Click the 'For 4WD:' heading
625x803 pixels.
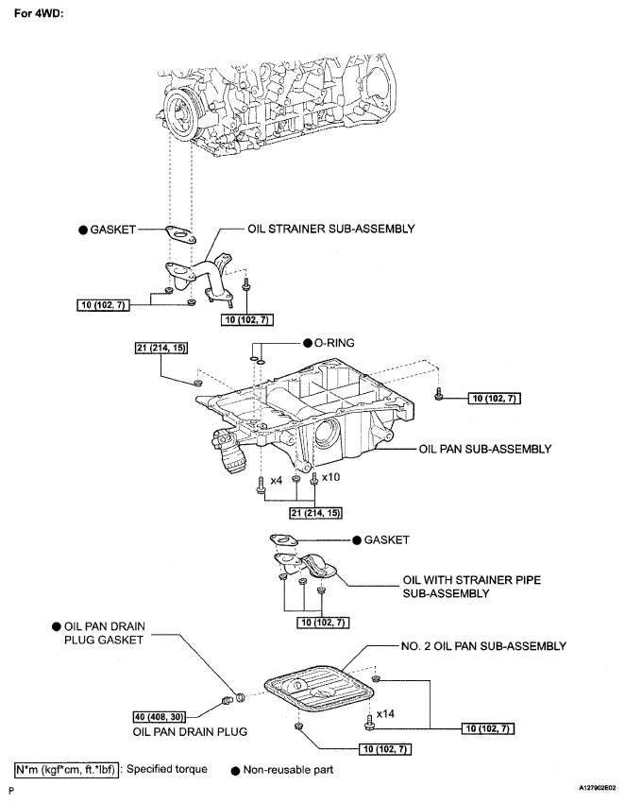pyautogui.click(x=39, y=14)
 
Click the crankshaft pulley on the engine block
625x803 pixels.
pyautogui.click(x=178, y=114)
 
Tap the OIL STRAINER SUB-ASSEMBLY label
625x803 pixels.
pyautogui.click(x=331, y=229)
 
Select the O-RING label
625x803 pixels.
pyautogui.click(x=334, y=343)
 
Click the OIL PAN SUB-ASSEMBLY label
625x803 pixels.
pyautogui.click(x=485, y=449)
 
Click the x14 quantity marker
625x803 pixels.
pyautogui.click(x=385, y=713)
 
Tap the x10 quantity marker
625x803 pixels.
pyautogui.click(x=331, y=477)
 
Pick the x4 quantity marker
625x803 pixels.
pyautogui.click(x=277, y=480)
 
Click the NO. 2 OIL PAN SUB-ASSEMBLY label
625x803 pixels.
pyautogui.click(x=483, y=646)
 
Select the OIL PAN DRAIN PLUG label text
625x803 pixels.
pyautogui.click(x=190, y=731)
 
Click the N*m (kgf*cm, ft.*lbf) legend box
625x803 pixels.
pyautogui.click(x=66, y=769)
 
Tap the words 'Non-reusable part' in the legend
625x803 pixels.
pyautogui.click(x=288, y=770)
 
